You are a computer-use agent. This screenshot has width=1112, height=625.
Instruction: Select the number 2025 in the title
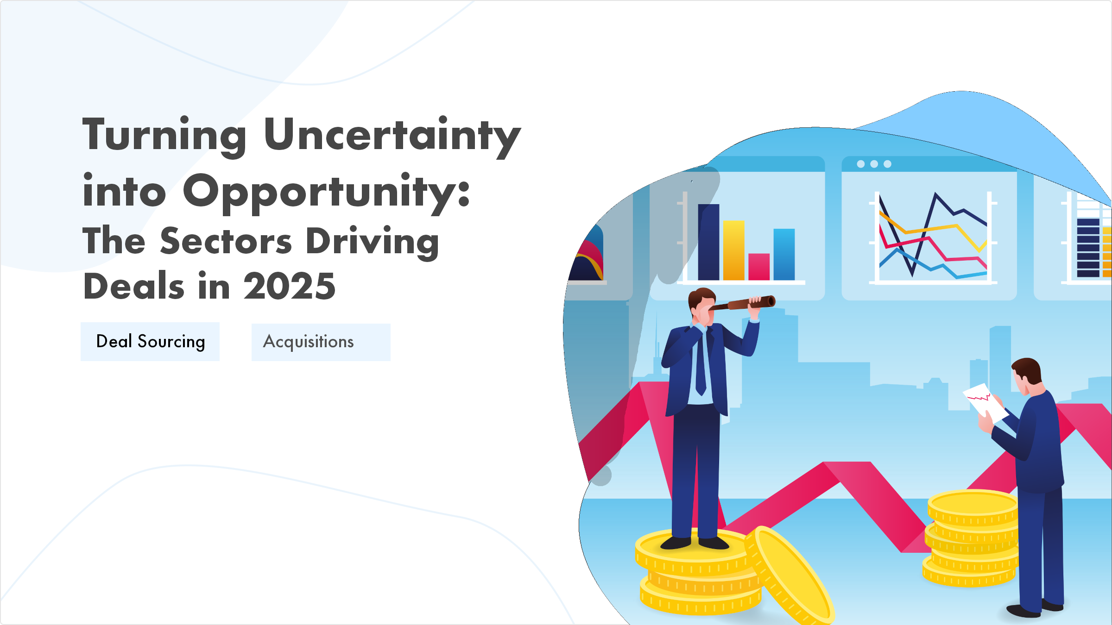290,286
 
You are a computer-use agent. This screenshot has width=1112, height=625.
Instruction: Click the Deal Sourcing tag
150,342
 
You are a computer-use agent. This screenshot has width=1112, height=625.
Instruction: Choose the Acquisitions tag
321,342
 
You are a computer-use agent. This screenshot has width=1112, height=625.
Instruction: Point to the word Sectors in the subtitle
226,241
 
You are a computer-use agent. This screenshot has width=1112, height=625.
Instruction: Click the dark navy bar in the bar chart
708,242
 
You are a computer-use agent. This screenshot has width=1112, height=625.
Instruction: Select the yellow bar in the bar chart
734,250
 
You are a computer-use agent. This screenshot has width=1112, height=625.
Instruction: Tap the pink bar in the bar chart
759,267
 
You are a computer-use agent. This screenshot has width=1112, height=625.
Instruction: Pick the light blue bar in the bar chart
784,254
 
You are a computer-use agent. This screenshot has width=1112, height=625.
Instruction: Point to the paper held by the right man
984,401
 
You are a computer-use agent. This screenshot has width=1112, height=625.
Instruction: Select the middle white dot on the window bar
874,164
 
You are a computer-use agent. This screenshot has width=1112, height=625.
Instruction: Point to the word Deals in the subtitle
134,286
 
